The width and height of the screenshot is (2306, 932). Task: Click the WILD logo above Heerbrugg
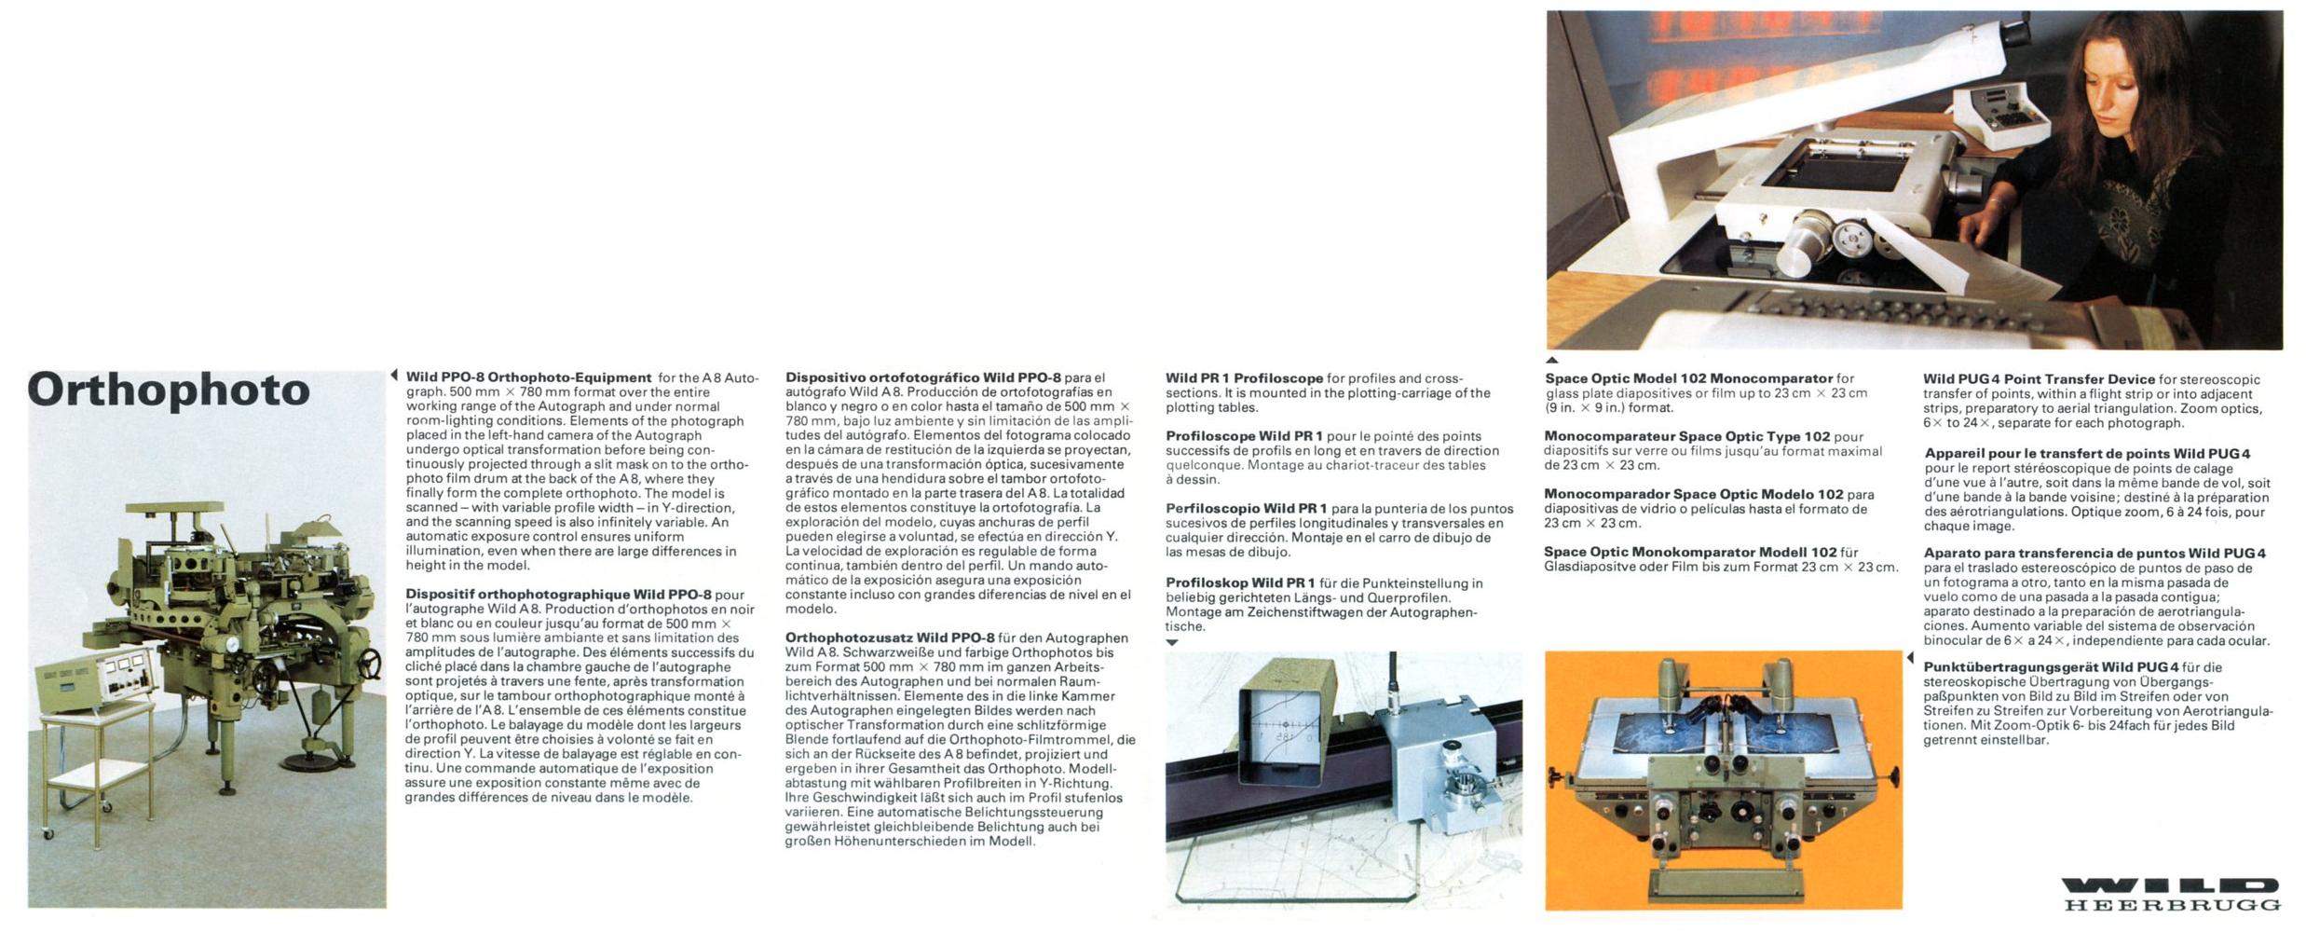tap(2170, 885)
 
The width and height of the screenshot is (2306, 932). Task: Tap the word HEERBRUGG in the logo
tap(2171, 905)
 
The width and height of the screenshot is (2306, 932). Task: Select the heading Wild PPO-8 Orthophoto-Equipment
tap(528, 377)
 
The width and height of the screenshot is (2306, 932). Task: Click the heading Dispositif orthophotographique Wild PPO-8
tap(558, 595)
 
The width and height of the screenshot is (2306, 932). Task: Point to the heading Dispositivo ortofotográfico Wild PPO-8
tap(922, 377)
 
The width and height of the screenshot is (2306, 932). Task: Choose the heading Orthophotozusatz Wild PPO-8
tap(890, 637)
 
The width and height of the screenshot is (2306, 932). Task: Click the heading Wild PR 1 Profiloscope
tap(1244, 378)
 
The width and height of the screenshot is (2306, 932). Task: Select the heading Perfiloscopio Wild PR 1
tap(1247, 508)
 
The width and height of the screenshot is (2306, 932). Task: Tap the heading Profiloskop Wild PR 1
tap(1240, 583)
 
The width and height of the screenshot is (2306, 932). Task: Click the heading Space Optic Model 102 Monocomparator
tap(1688, 378)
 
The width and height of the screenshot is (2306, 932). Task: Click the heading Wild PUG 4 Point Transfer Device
tap(2039, 379)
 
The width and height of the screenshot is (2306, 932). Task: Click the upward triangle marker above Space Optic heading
tap(1551, 360)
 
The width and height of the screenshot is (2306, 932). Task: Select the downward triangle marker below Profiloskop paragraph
tap(1172, 643)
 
